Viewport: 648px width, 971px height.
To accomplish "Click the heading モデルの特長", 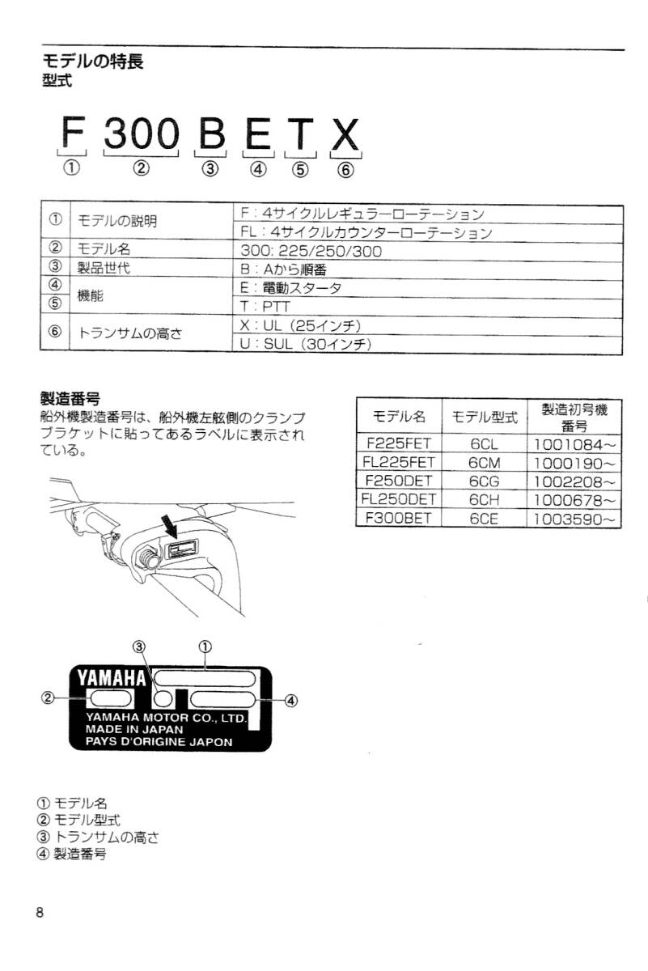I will pos(92,61).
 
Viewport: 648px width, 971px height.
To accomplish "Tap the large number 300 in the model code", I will pos(141,135).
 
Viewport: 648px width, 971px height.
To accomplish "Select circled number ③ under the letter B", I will pos(210,169).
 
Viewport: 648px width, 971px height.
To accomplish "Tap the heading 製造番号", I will pos(70,397).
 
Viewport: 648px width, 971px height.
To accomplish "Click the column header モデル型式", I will pos(484,418).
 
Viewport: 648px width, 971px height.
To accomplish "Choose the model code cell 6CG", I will pos(484,481).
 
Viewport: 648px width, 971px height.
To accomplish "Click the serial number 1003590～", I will pos(574,519).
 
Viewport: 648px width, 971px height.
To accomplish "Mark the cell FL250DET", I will pos(400,500).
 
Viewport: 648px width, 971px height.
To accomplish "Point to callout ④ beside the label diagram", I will pos(291,700).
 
